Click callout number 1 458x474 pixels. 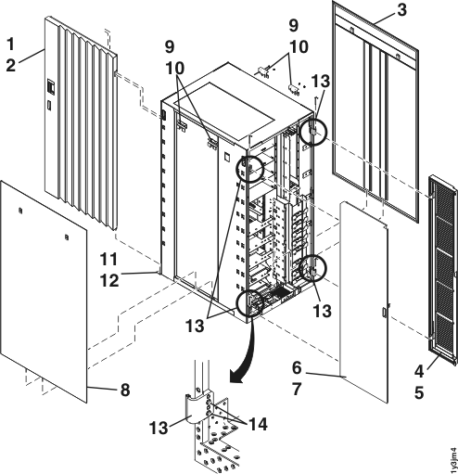(12, 44)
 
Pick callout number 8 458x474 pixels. (123, 390)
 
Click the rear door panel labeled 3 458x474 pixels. (371, 111)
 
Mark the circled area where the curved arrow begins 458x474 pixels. (248, 303)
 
